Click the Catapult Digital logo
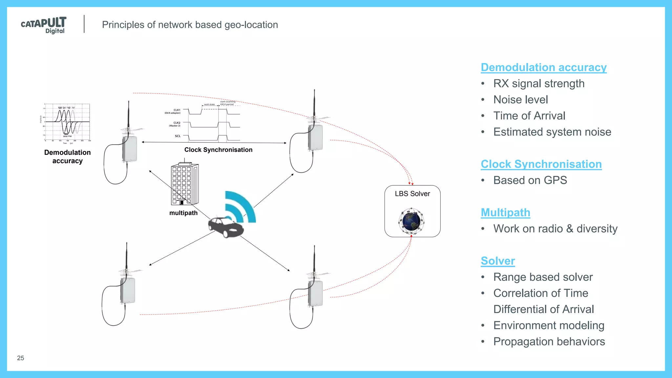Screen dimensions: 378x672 click(44, 25)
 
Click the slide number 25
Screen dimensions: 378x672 click(20, 358)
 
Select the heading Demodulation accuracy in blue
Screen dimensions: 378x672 click(543, 67)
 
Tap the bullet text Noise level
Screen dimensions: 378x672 click(520, 99)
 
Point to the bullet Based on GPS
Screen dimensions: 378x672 click(530, 180)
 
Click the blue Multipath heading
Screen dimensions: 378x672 click(505, 212)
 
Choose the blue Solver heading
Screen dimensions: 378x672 click(498, 261)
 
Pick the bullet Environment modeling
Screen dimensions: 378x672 click(549, 325)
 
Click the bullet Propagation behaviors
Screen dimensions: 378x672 click(549, 341)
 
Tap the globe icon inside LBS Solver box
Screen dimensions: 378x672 click(411, 221)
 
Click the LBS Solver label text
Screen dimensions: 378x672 click(412, 194)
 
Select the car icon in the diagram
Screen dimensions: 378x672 click(226, 226)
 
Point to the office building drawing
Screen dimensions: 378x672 click(184, 183)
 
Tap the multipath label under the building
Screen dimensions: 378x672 click(183, 213)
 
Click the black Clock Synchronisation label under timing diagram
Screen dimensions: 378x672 click(218, 150)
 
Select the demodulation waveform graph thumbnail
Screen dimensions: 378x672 click(67, 122)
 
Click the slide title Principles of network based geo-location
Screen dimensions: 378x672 click(190, 25)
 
